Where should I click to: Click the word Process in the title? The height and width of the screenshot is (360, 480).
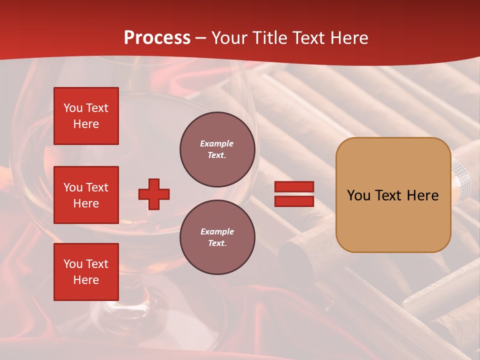click(x=157, y=38)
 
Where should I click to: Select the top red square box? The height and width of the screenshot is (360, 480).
click(x=86, y=116)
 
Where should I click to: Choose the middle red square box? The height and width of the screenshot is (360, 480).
click(x=86, y=195)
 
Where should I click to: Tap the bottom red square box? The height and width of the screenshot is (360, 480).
click(x=86, y=272)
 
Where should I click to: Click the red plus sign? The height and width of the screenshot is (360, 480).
click(x=154, y=194)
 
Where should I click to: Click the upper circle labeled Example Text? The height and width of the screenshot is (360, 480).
click(x=217, y=149)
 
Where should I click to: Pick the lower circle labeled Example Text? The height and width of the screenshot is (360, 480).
click(x=217, y=237)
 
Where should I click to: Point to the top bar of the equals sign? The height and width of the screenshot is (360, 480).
click(x=294, y=187)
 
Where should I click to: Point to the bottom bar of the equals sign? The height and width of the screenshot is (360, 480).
click(x=294, y=201)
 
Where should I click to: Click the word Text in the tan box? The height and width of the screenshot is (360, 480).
click(x=392, y=195)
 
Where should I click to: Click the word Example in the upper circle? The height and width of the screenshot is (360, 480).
click(x=217, y=143)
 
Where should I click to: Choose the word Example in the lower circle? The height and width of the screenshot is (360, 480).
click(x=217, y=231)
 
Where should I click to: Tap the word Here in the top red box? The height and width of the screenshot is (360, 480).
click(x=86, y=124)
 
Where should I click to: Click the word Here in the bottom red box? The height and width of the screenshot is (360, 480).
click(x=86, y=280)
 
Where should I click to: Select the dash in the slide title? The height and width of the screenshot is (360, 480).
click(x=201, y=38)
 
